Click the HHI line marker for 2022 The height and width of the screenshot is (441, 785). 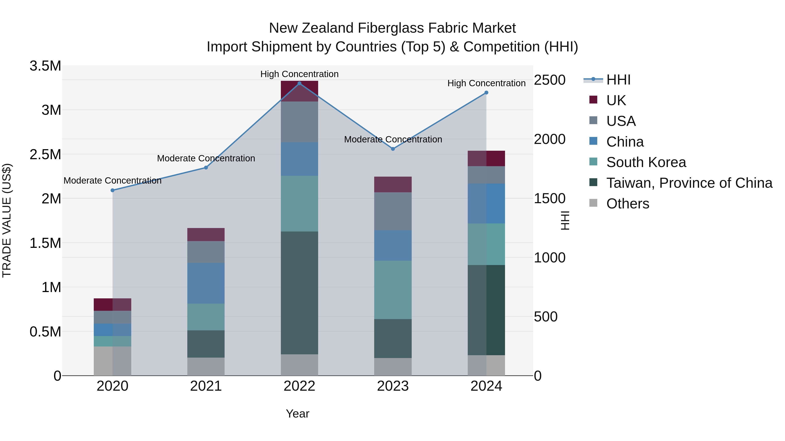(x=299, y=83)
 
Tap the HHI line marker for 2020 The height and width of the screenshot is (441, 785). (x=113, y=190)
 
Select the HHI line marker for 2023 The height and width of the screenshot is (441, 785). (x=393, y=149)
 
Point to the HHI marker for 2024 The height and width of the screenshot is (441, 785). (x=486, y=93)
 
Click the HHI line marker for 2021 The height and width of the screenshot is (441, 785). (x=206, y=167)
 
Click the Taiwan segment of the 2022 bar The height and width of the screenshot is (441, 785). (x=299, y=292)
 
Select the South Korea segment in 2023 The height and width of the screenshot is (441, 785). (x=393, y=289)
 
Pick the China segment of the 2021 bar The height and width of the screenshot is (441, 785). (x=206, y=283)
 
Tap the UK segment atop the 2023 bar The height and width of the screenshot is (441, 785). (x=393, y=184)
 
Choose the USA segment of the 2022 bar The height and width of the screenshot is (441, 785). (x=299, y=122)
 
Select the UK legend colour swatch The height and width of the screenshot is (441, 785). (x=593, y=100)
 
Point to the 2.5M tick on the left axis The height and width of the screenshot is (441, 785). (x=45, y=154)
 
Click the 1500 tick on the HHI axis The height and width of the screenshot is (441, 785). (x=550, y=198)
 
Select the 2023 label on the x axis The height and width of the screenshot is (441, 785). (x=393, y=386)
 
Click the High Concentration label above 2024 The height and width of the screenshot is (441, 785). (x=486, y=83)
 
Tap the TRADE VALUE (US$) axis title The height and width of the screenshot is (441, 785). (x=7, y=220)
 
